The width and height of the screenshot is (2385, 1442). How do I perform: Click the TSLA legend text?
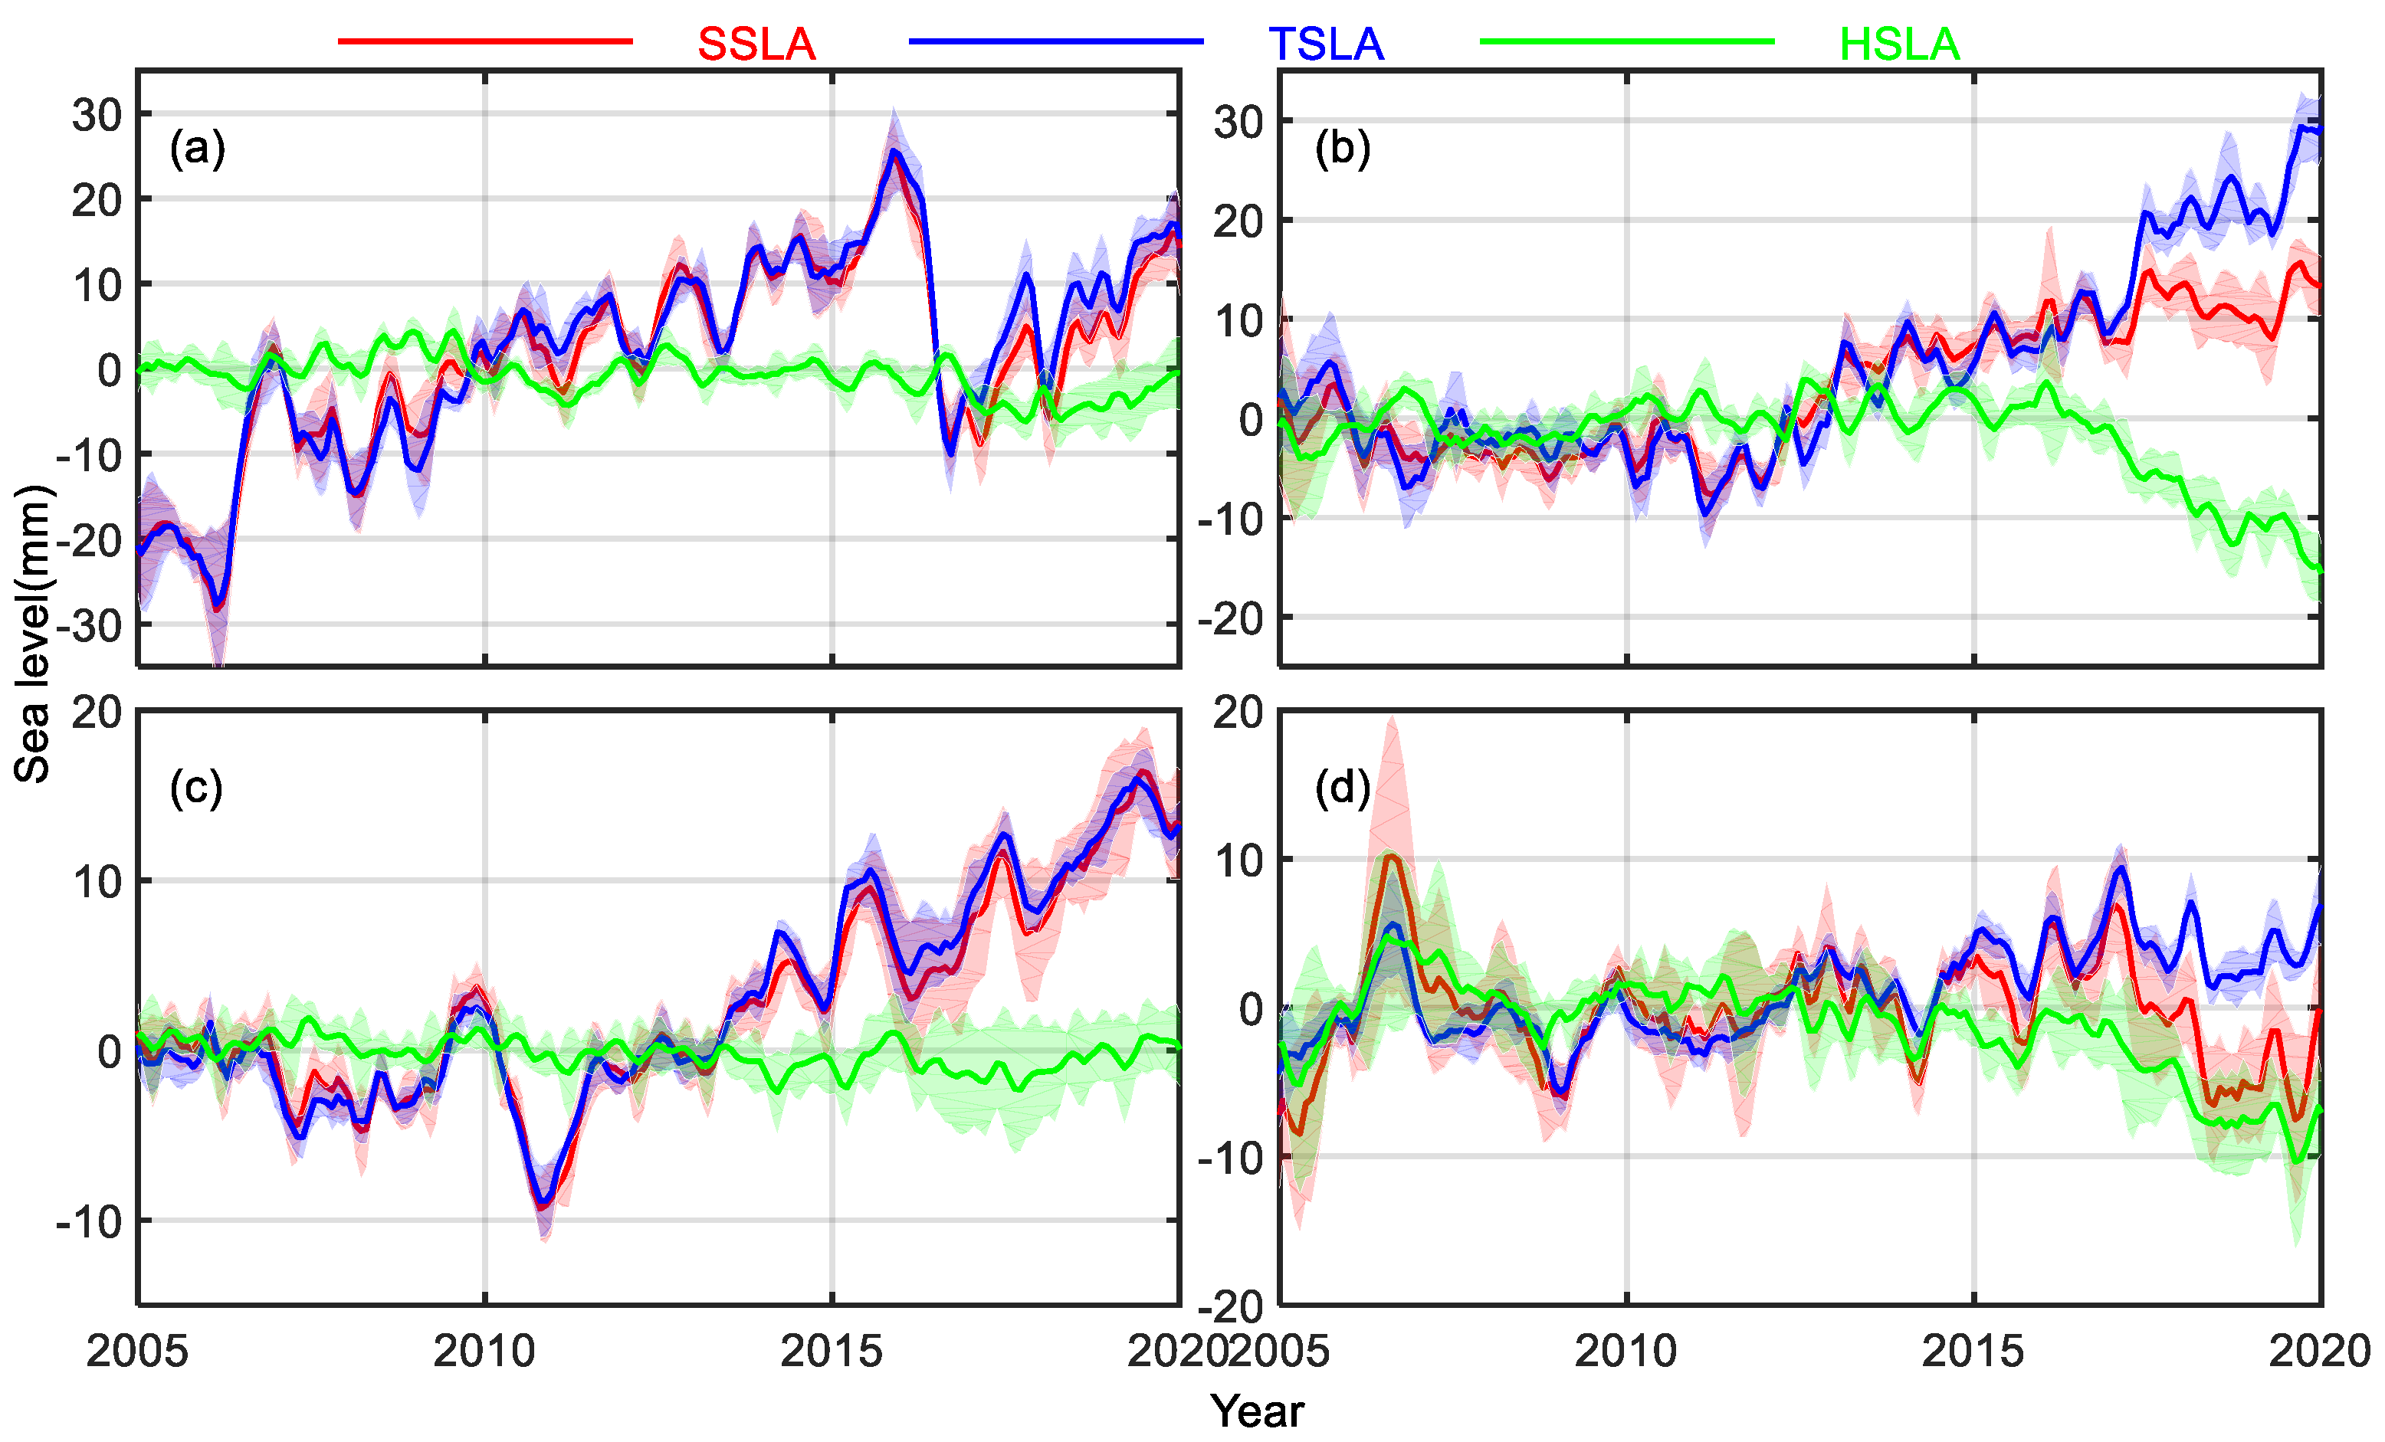point(1325,44)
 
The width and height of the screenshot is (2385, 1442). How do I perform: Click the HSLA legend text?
point(1899,44)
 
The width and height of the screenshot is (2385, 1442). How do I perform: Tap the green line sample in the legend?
point(1626,41)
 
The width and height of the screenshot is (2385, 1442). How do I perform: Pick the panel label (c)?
point(195,788)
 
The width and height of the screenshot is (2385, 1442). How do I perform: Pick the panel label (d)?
point(1341,788)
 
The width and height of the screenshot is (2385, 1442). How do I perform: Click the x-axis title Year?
point(1256,1411)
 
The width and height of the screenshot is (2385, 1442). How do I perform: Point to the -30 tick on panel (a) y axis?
point(89,626)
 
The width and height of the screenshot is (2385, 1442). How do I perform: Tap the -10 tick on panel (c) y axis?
point(89,1222)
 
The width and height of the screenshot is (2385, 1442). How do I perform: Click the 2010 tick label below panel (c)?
point(484,1351)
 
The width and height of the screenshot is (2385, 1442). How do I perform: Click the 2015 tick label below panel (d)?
point(1973,1351)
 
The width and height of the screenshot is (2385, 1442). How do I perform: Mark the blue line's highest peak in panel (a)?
point(894,151)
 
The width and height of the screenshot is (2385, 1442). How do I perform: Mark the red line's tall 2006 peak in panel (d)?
point(1391,856)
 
